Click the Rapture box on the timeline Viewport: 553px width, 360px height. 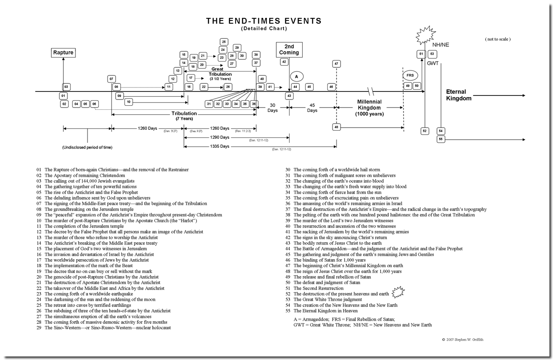(x=63, y=53)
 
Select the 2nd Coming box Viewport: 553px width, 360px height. (x=289, y=49)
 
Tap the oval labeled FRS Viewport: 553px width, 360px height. (x=410, y=75)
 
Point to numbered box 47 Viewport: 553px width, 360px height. (x=336, y=64)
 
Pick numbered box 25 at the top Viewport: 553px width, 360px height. (x=224, y=42)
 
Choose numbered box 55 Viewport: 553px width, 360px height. (x=441, y=139)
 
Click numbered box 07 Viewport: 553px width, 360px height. (x=112, y=79)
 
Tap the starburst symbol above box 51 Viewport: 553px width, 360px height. (x=424, y=35)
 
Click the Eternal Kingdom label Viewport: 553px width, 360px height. (x=458, y=95)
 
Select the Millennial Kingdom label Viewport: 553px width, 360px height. (x=369, y=108)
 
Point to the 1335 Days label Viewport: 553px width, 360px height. (x=219, y=146)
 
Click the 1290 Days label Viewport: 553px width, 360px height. (x=219, y=137)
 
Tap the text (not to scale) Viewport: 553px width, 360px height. (x=498, y=39)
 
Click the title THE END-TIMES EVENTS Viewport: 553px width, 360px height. (x=263, y=21)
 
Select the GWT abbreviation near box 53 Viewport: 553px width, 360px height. (x=432, y=63)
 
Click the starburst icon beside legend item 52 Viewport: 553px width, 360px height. (x=398, y=293)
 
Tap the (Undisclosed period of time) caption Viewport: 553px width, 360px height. (x=87, y=147)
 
